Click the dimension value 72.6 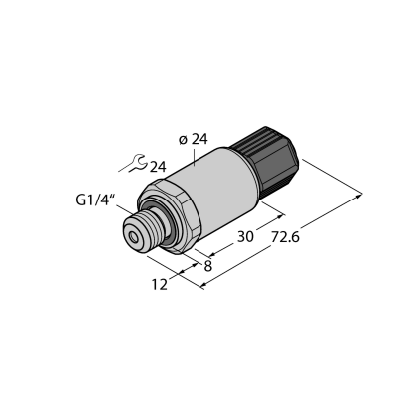pyautogui.click(x=285, y=237)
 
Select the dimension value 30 pyautogui.click(x=245, y=237)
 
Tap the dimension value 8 pyautogui.click(x=208, y=266)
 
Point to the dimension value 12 pyautogui.click(x=160, y=285)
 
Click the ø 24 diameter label pyautogui.click(x=194, y=140)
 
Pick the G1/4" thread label pyautogui.click(x=95, y=200)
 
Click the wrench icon pyautogui.click(x=133, y=164)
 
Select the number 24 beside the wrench pyautogui.click(x=158, y=167)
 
